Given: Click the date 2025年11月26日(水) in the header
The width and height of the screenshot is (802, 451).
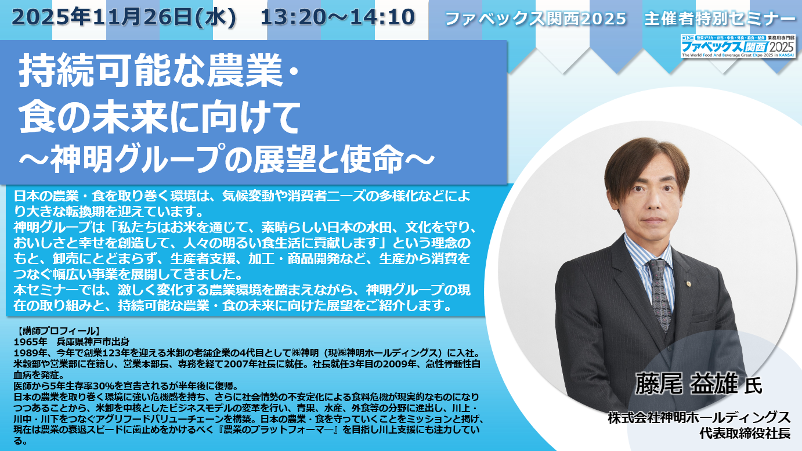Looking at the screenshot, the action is (124, 17).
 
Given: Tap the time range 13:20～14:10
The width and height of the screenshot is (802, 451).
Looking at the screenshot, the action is (338, 17).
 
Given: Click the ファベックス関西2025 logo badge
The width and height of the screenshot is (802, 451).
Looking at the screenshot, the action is (738, 46).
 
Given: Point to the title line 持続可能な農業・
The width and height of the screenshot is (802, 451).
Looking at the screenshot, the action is (159, 70).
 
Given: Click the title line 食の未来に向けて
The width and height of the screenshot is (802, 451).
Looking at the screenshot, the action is (159, 117).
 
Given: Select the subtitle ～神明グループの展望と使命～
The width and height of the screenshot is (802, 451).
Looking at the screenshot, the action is (227, 159).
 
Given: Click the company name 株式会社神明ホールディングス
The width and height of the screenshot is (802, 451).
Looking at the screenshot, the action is (699, 418).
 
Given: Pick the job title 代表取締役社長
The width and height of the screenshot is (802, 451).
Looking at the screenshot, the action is (745, 434).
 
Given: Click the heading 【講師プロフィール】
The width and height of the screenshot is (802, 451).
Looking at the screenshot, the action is (56, 331).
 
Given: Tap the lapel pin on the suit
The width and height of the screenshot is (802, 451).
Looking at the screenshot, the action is (688, 284).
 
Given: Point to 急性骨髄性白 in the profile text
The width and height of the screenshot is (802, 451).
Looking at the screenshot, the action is (453, 364).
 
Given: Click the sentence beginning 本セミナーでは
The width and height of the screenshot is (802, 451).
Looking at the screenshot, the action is (241, 297).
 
